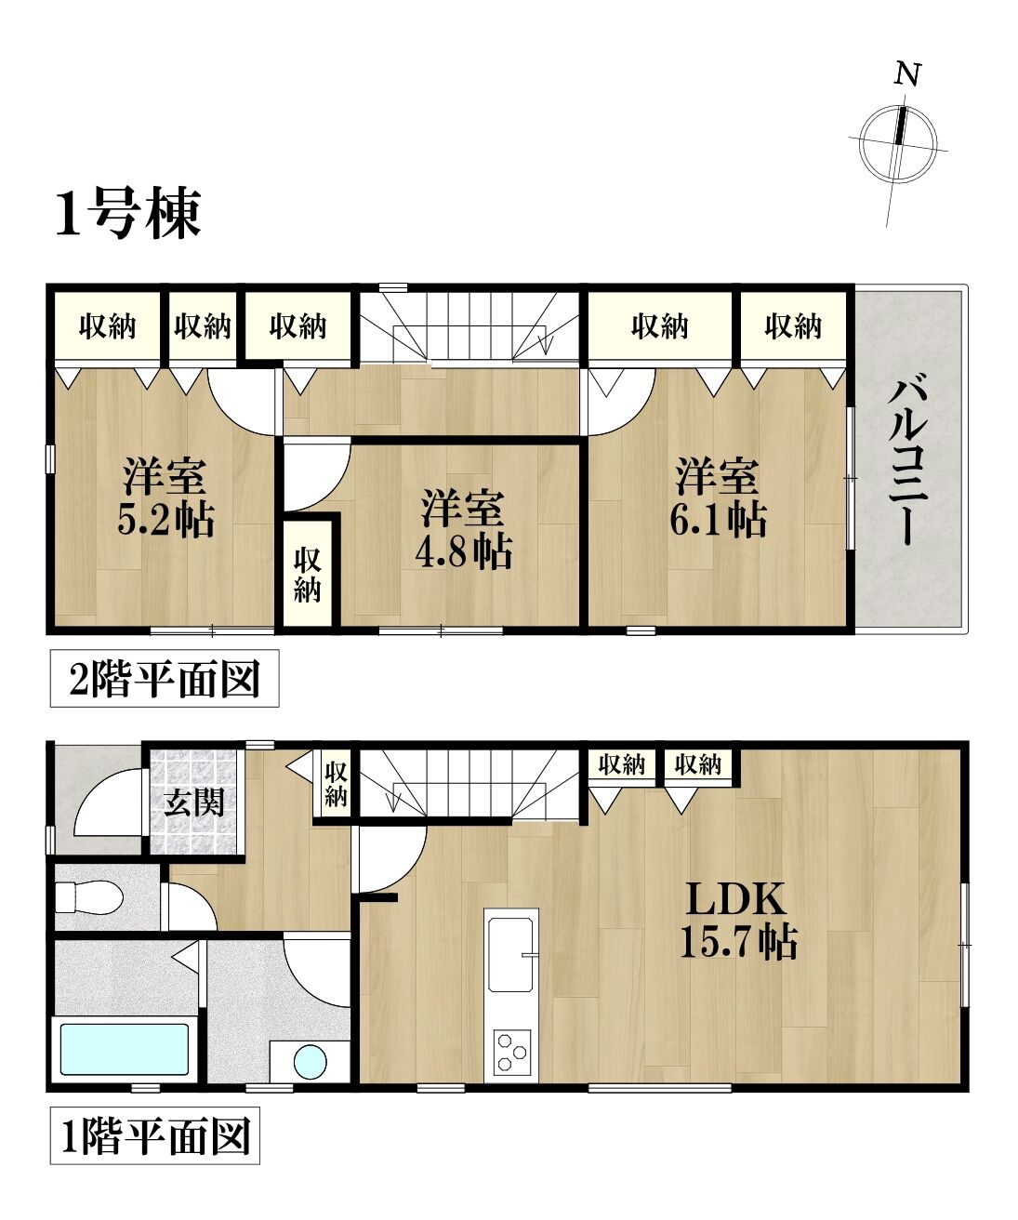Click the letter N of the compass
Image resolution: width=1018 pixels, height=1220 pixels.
pos(908,74)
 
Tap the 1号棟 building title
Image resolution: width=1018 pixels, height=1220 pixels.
pos(128,213)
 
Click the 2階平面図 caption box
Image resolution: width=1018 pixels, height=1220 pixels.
pos(165,679)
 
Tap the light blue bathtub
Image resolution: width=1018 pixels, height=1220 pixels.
pos(125,1050)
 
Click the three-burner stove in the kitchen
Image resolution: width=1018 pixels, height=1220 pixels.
pos(512,1053)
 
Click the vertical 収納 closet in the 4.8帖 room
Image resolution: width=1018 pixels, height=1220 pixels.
pos(307,575)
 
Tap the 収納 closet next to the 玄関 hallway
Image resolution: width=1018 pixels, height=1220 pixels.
pos(336,784)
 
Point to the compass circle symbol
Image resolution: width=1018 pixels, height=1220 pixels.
pos(898,142)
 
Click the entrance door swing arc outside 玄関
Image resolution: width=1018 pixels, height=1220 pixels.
pos(97,786)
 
